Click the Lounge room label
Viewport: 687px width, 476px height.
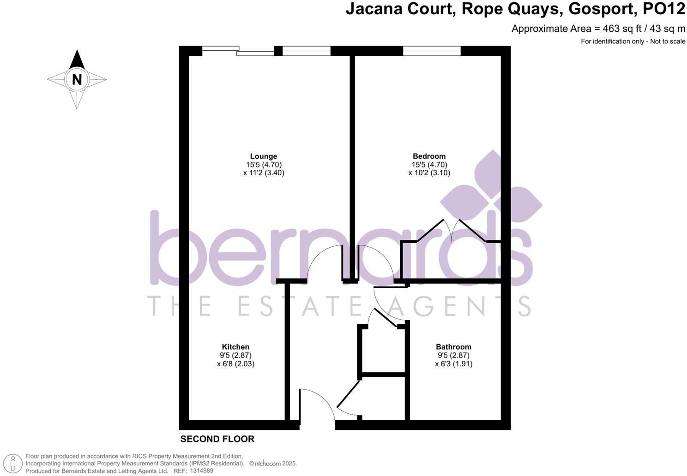coord(264,156)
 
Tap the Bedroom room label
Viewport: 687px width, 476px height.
coord(429,156)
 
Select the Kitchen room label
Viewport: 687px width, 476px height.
coord(235,347)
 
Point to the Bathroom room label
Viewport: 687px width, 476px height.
coord(453,347)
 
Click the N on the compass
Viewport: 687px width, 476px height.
coord(77,79)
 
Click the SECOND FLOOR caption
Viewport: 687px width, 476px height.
coord(217,439)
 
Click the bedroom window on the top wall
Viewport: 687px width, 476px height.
coord(432,51)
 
